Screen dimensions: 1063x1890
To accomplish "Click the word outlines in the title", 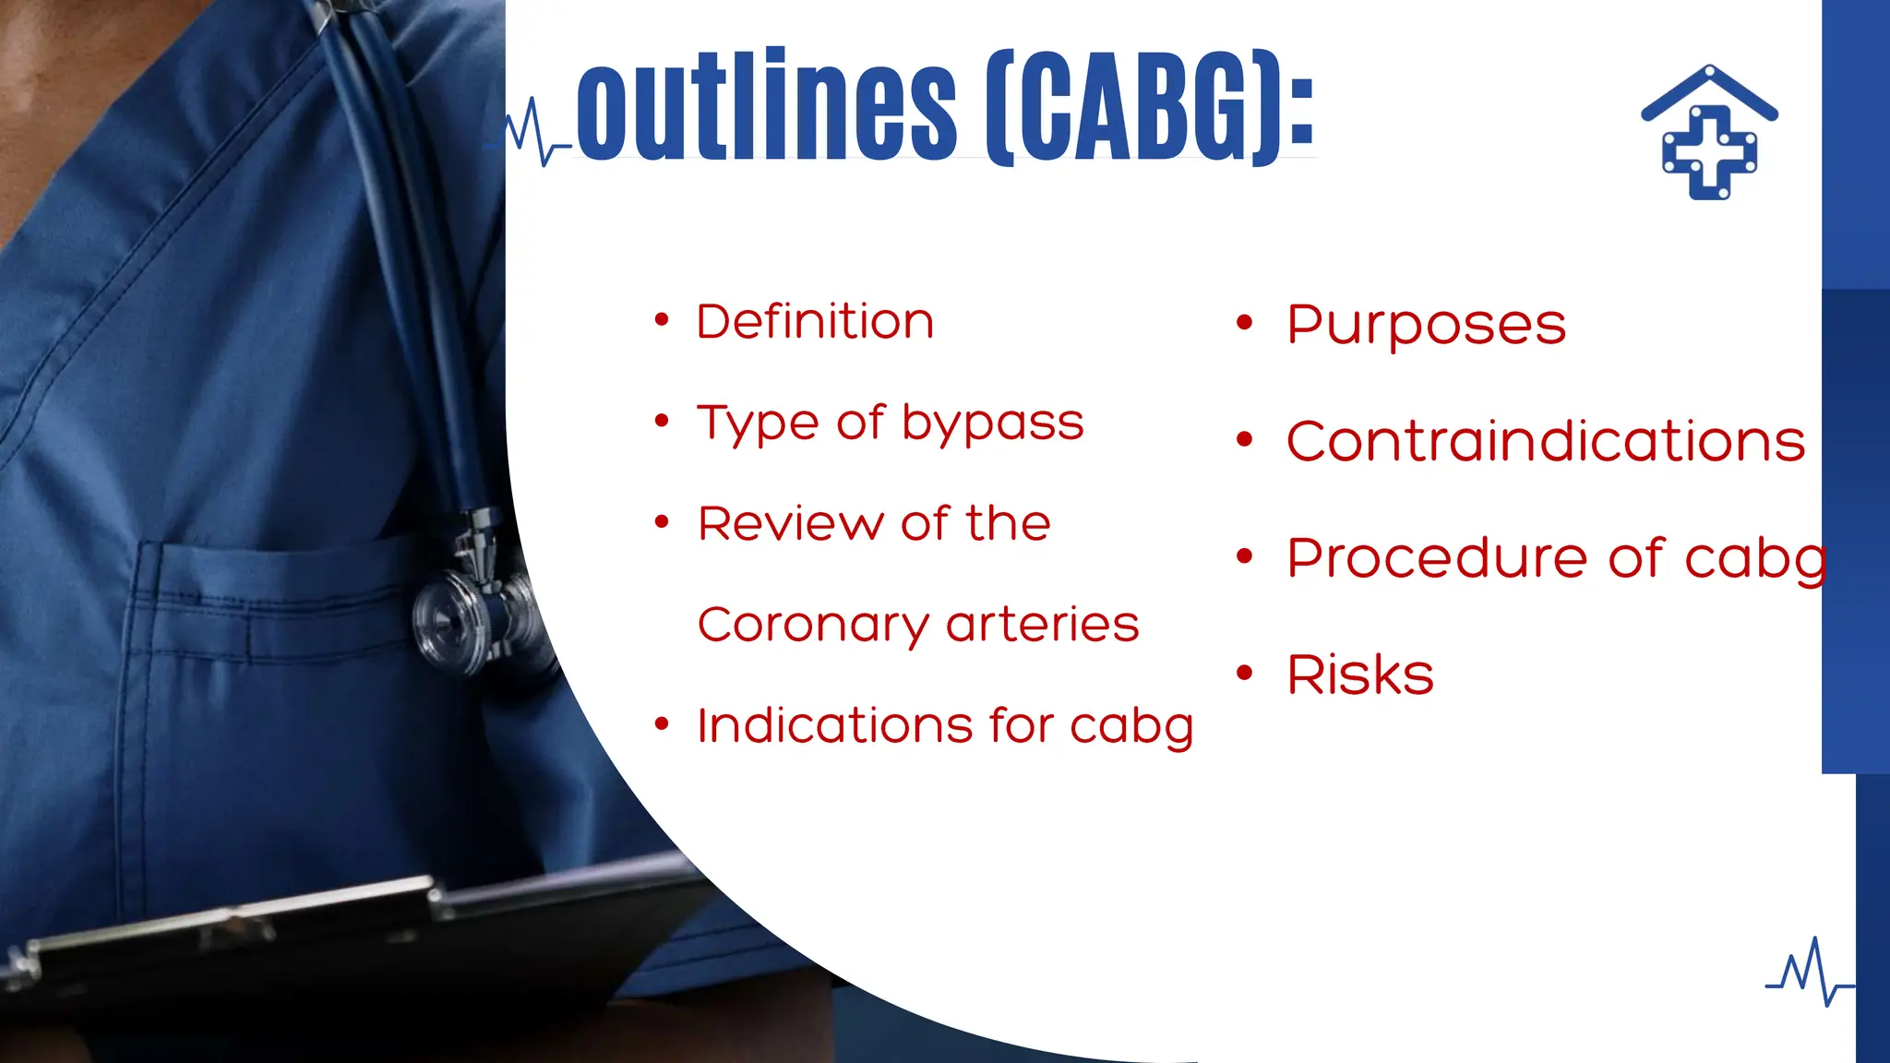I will [766, 106].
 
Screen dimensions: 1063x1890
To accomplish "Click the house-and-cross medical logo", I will [1709, 134].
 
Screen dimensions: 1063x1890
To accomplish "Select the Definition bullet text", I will [815, 322].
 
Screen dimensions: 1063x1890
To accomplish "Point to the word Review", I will [790, 524].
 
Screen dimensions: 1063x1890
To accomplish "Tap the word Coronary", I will [812, 626].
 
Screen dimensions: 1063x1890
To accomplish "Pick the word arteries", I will [1043, 625].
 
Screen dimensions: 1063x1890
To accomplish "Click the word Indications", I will [834, 725].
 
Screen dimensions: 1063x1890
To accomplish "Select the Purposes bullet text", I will [1426, 325].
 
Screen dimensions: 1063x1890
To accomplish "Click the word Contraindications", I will [1545, 441].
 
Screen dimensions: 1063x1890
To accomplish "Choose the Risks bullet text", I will [1359, 675].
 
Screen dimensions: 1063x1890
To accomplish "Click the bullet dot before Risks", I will [1245, 673].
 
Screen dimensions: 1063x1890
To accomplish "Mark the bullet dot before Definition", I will [661, 320].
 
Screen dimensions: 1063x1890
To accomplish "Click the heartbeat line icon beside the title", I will [531, 134].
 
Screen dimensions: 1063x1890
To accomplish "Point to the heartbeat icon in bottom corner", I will [1809, 973].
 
